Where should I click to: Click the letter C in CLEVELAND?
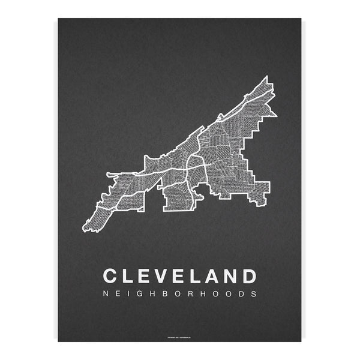pos(111,276)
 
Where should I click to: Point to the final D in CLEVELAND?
pos(249,276)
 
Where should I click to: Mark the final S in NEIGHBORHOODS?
pos(255,295)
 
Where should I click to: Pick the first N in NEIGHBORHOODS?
pos(106,295)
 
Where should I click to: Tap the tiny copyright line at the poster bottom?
pos(180,337)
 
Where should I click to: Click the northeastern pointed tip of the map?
pos(266,76)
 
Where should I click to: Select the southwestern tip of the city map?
pos(85,230)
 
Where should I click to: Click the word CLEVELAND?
pos(180,276)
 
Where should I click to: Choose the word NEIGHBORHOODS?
pos(180,295)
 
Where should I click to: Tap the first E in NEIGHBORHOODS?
pos(118,295)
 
